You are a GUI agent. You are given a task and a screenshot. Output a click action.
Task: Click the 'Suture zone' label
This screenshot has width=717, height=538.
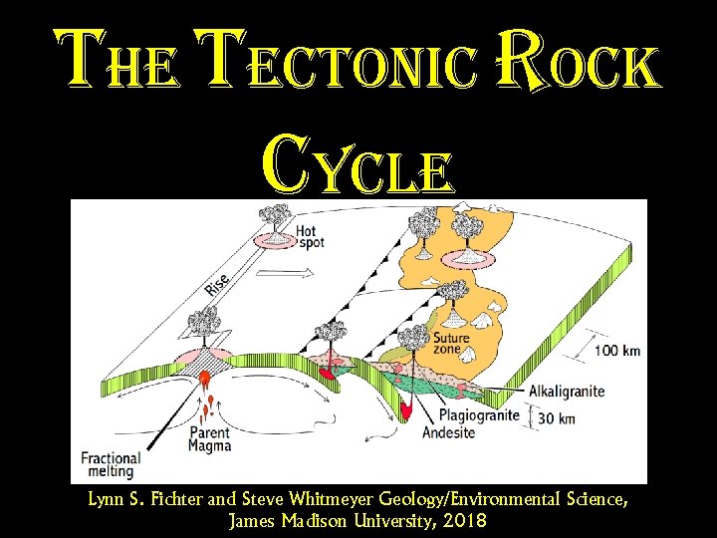[452, 342]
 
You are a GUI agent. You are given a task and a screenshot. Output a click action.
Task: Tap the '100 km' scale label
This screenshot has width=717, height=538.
[616, 350]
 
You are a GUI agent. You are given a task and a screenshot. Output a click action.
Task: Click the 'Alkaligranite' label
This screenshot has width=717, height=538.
[567, 392]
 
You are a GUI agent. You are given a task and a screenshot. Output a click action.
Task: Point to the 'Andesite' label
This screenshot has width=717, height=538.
[455, 433]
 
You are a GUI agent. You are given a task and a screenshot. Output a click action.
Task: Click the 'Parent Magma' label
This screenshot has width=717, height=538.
[210, 439]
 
